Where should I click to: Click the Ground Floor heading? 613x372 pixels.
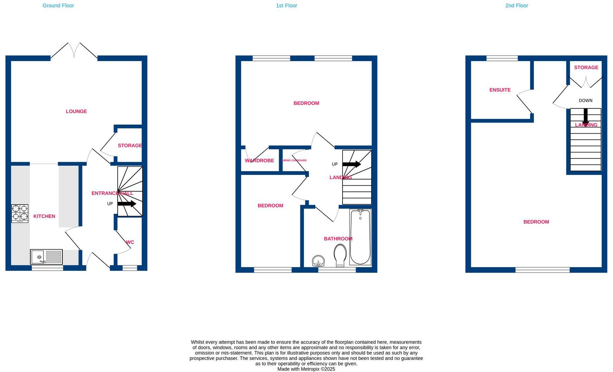pyautogui.click(x=58, y=6)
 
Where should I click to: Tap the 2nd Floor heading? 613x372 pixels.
pyautogui.click(x=516, y=6)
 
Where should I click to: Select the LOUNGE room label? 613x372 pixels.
pyautogui.click(x=76, y=111)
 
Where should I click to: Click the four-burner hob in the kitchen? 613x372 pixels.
pyautogui.click(x=20, y=213)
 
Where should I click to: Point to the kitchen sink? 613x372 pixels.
pyautogui.click(x=46, y=257)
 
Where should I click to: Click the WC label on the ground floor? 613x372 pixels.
pyautogui.click(x=130, y=242)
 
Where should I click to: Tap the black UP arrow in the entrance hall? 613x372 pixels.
pyautogui.click(x=127, y=204)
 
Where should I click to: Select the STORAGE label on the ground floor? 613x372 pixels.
pyautogui.click(x=130, y=146)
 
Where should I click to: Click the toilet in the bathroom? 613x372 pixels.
pyautogui.click(x=340, y=255)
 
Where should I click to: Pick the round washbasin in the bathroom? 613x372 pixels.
pyautogui.click(x=318, y=261)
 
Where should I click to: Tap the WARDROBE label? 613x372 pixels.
pyautogui.click(x=259, y=161)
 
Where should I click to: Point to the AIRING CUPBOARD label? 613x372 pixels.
pyautogui.click(x=294, y=160)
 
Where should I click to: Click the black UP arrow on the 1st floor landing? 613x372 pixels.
pyautogui.click(x=351, y=164)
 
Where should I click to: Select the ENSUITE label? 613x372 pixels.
pyautogui.click(x=500, y=90)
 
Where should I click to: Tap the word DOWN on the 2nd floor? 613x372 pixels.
pyautogui.click(x=585, y=101)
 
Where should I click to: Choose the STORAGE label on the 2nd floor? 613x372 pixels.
pyautogui.click(x=586, y=68)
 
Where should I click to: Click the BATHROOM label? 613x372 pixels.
pyautogui.click(x=338, y=239)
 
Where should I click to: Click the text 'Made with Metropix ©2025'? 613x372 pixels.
pyautogui.click(x=306, y=369)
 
